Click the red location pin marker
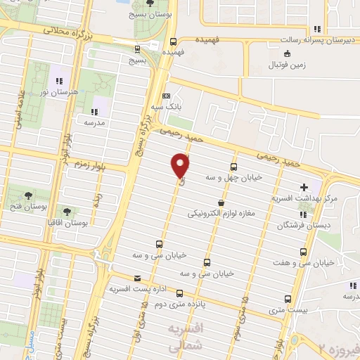coord(181,166)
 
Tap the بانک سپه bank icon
coord(166,96)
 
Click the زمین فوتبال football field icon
coord(286,54)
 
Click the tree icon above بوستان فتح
coord(28,195)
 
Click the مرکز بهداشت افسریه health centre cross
coord(304,188)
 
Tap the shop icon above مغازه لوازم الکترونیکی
coord(221,202)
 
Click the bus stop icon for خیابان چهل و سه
coord(233,167)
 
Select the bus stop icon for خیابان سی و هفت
coord(303,252)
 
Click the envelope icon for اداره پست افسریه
coord(136,278)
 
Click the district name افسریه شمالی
coord(187,336)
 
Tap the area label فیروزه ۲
coord(339,348)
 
